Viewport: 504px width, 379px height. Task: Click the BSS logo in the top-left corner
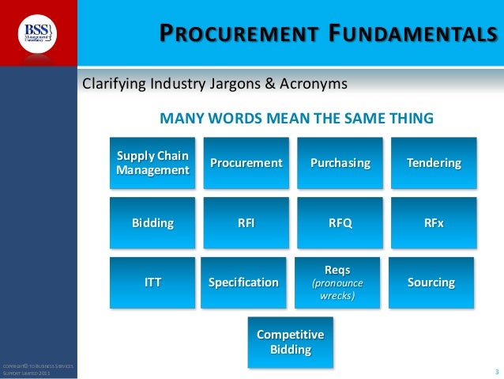(37, 33)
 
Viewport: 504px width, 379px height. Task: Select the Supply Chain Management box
(152, 163)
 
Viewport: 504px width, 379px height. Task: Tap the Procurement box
(246, 163)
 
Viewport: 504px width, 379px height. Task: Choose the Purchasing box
(340, 163)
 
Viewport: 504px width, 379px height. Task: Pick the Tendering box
(434, 163)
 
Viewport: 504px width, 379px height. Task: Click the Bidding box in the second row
(152, 223)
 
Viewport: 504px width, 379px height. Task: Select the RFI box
(246, 223)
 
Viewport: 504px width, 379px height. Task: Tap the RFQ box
(340, 223)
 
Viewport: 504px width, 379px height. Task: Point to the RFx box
(434, 223)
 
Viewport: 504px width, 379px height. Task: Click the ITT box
(152, 282)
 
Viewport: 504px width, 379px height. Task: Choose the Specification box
(243, 282)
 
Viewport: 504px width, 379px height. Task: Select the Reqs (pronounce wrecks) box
(337, 282)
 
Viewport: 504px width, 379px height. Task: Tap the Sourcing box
(431, 282)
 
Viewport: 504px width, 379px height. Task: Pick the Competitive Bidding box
(291, 343)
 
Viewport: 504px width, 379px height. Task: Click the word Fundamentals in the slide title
(420, 33)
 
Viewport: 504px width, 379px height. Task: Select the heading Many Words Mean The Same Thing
(296, 119)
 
